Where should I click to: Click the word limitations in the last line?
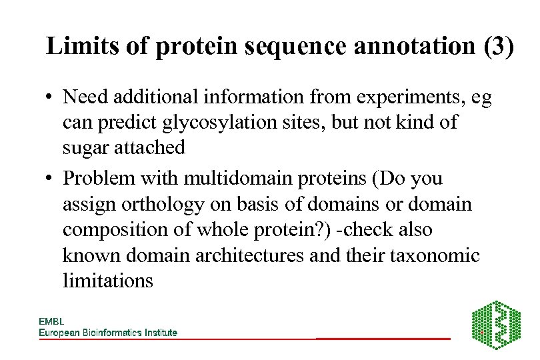(107, 281)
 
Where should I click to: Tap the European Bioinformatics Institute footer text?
(108, 332)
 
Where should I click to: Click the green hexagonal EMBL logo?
(496, 325)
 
